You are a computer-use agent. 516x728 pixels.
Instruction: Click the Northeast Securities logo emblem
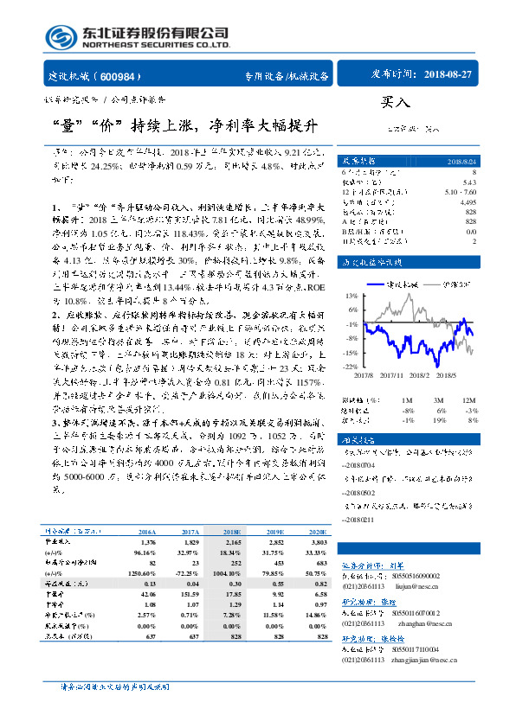pyautogui.click(x=60, y=37)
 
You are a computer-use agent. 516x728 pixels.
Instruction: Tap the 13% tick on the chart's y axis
pyautogui.click(x=350, y=296)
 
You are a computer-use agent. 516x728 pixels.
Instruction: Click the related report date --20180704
pyautogui.click(x=365, y=463)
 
